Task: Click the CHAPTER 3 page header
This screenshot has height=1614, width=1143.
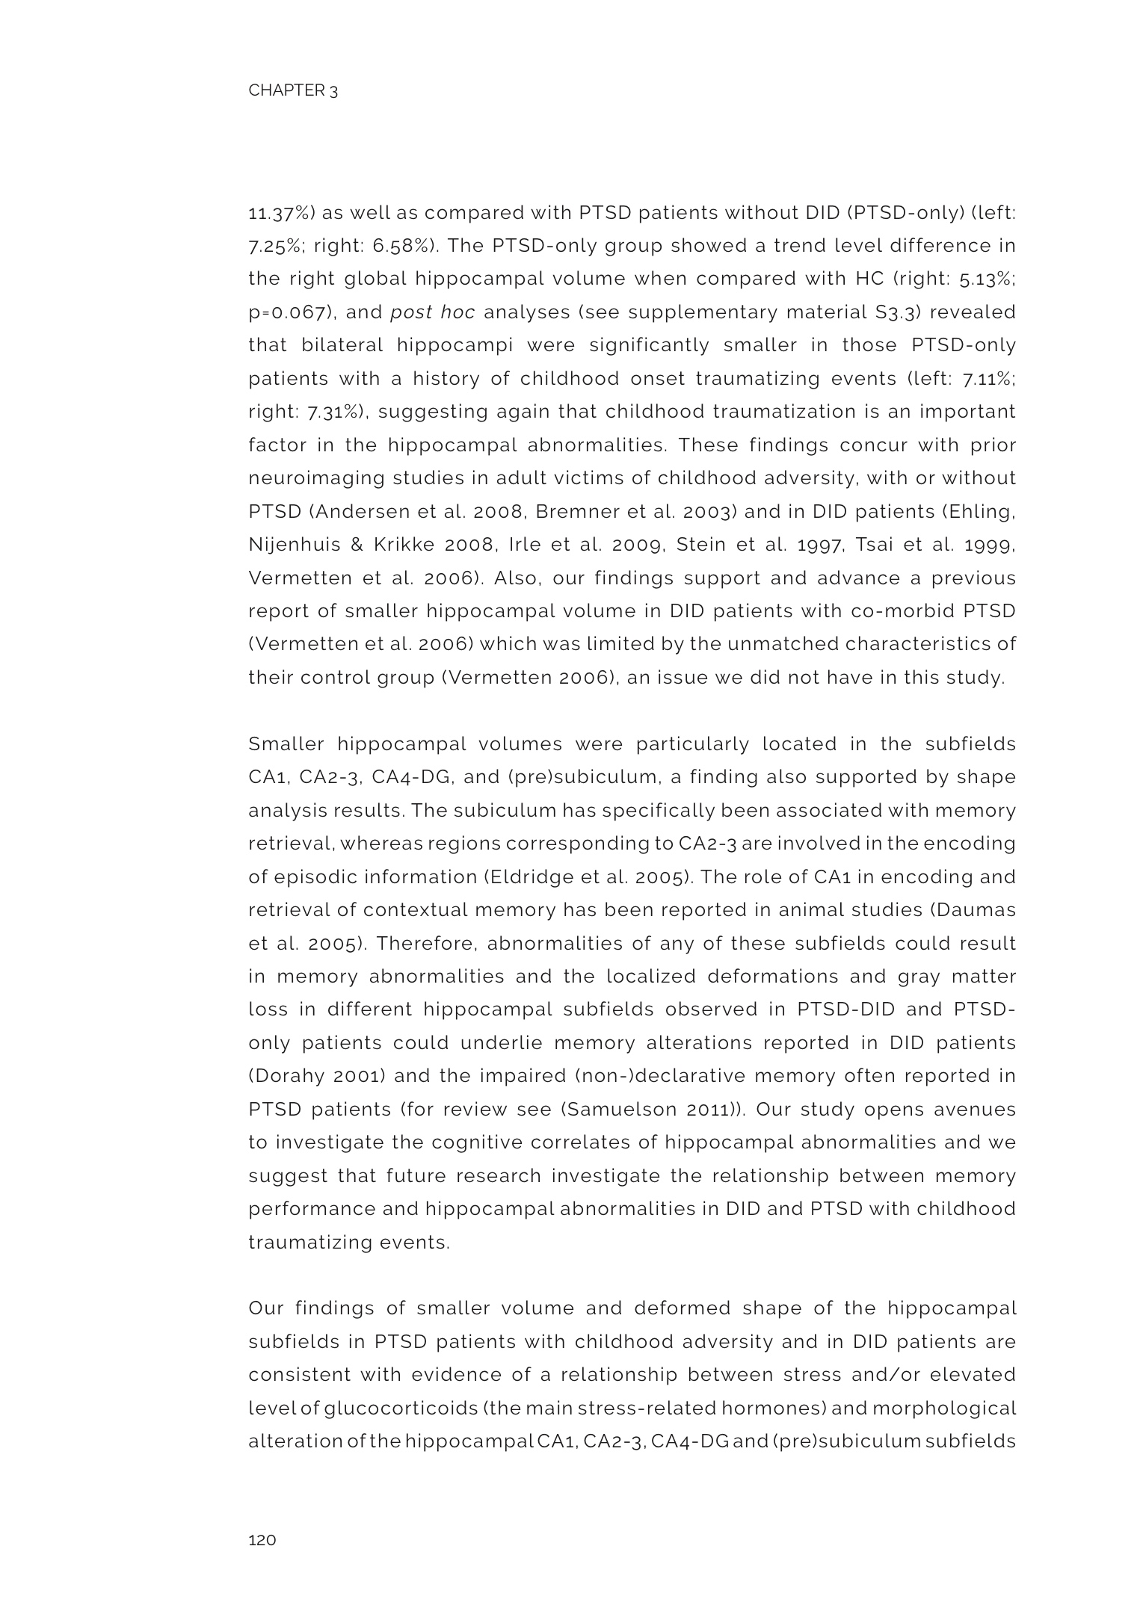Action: [x=292, y=91]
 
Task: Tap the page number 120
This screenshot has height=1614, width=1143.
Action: [x=262, y=1540]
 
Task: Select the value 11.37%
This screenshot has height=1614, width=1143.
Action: [x=281, y=213]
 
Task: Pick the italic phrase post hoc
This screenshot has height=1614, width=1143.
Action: [x=432, y=312]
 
